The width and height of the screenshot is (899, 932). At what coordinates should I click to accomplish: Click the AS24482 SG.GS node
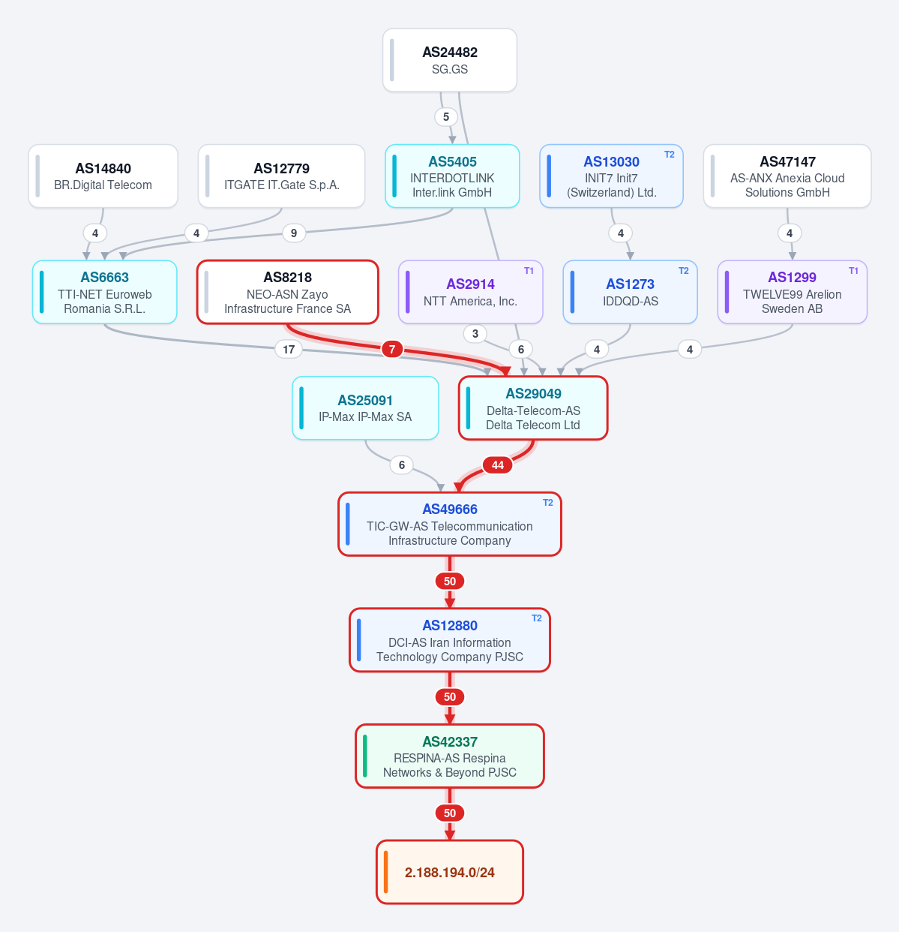pyautogui.click(x=450, y=60)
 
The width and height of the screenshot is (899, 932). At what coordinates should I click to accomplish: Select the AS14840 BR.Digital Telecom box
pyautogui.click(x=103, y=176)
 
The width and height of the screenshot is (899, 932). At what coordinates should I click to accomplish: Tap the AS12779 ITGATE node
pyautogui.click(x=281, y=176)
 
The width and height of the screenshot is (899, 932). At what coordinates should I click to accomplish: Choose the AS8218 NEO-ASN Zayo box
pyautogui.click(x=288, y=292)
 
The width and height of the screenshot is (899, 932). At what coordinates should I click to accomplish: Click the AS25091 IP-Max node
pyautogui.click(x=366, y=408)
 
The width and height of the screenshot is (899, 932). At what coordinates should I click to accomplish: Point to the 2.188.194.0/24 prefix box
pyautogui.click(x=450, y=872)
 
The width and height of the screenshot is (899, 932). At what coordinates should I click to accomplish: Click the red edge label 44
pyautogui.click(x=498, y=465)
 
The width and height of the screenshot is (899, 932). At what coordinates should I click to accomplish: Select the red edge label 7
pyautogui.click(x=392, y=349)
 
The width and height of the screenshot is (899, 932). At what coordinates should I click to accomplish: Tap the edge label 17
pyautogui.click(x=289, y=349)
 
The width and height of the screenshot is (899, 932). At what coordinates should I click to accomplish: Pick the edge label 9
pyautogui.click(x=294, y=233)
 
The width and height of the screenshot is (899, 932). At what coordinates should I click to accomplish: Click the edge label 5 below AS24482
pyautogui.click(x=446, y=117)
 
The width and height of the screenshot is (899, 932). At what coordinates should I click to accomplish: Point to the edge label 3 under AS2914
pyautogui.click(x=475, y=333)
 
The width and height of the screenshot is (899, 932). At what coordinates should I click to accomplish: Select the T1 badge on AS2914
pyautogui.click(x=529, y=271)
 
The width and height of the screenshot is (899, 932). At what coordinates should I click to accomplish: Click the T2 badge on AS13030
pyautogui.click(x=670, y=155)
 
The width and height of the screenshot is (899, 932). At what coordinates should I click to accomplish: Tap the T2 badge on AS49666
pyautogui.click(x=548, y=503)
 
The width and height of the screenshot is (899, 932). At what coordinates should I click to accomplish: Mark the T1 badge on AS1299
pyautogui.click(x=853, y=271)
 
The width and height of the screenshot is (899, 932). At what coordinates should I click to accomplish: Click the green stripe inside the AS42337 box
pyautogui.click(x=365, y=756)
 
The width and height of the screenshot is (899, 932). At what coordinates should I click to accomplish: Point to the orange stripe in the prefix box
pyautogui.click(x=385, y=872)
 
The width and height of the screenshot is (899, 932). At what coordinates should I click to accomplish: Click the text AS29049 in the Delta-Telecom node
pyautogui.click(x=533, y=394)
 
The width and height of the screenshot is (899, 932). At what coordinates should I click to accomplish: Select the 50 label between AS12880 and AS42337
pyautogui.click(x=450, y=697)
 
